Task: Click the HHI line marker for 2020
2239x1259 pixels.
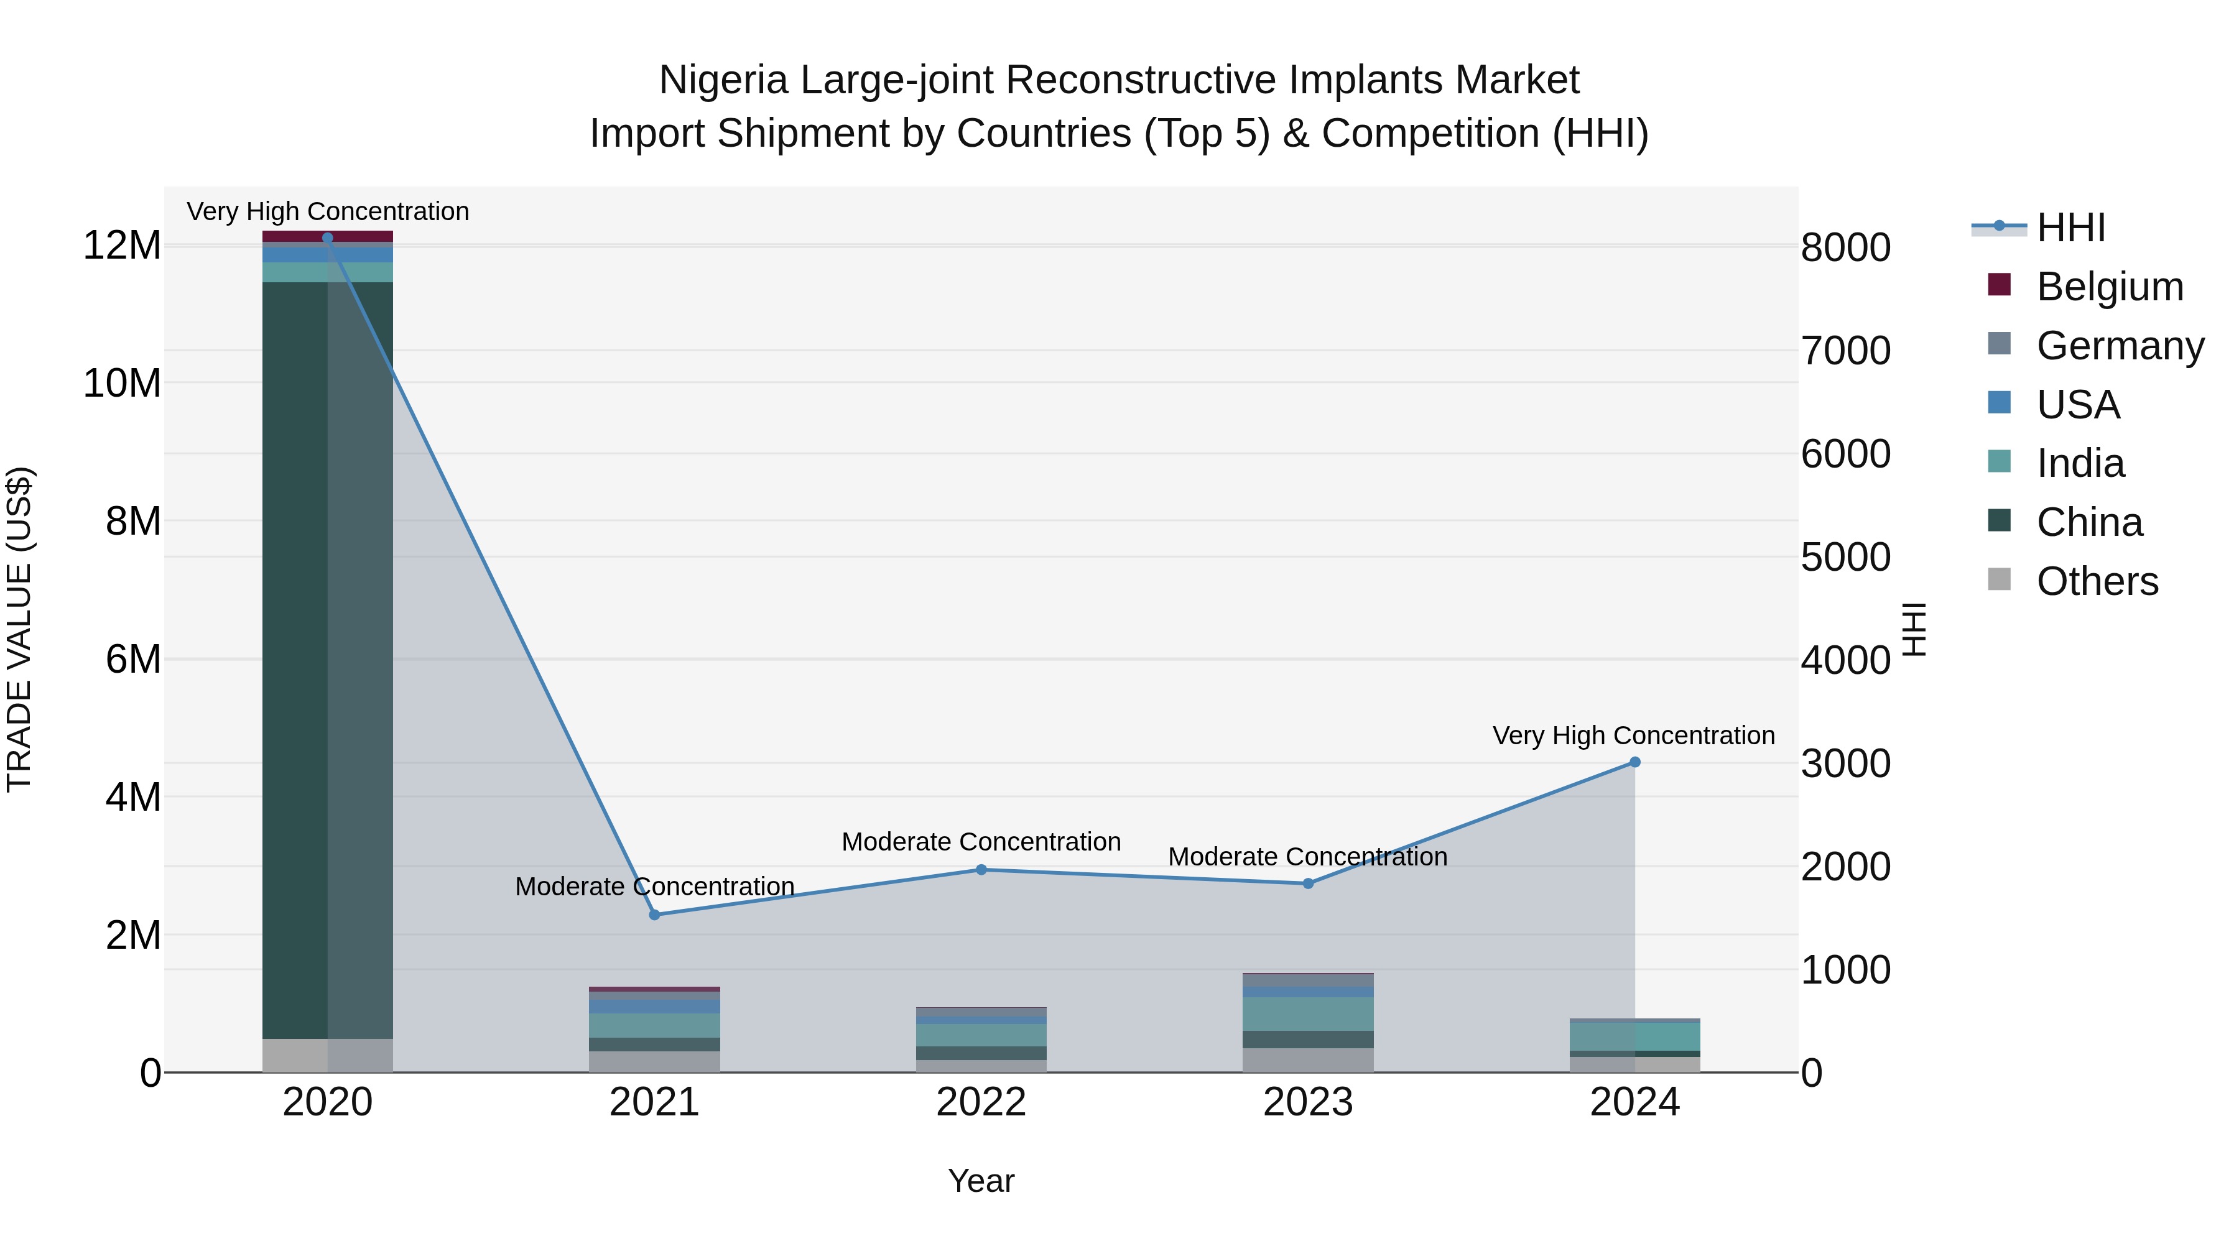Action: pyautogui.click(x=328, y=238)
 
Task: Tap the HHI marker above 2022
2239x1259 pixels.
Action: pyautogui.click(x=981, y=870)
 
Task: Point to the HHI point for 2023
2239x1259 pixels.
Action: pyautogui.click(x=1308, y=883)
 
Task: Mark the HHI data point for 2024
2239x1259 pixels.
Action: pyautogui.click(x=1635, y=762)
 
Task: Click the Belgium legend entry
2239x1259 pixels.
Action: pyautogui.click(x=2110, y=287)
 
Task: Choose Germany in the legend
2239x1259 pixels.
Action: pyautogui.click(x=2120, y=346)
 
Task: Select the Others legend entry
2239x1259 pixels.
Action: pyautogui.click(x=2097, y=581)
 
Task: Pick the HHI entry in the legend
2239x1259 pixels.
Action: pyautogui.click(x=2070, y=228)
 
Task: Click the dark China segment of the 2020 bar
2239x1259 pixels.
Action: pyautogui.click(x=295, y=660)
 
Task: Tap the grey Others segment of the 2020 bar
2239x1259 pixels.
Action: pyautogui.click(x=295, y=1056)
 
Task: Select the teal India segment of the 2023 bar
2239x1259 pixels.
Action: pyautogui.click(x=1308, y=1013)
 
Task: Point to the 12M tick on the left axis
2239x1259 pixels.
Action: pyautogui.click(x=122, y=246)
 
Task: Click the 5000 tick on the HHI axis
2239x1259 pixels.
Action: pyautogui.click(x=1845, y=557)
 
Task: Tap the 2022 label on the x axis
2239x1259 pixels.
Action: pyautogui.click(x=981, y=1102)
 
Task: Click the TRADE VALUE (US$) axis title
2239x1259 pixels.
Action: pyautogui.click(x=19, y=629)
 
